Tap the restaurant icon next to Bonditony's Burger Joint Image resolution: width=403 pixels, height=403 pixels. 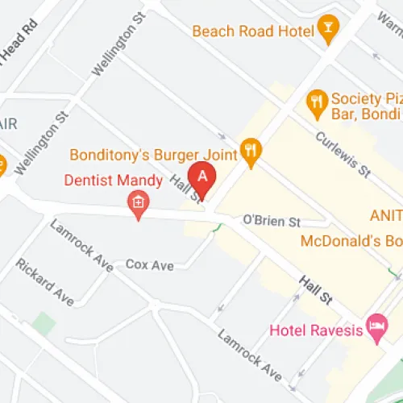(251, 152)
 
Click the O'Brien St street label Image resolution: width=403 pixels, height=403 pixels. (272, 221)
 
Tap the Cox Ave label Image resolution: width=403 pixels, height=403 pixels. (149, 265)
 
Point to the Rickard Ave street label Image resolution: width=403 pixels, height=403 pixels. (44, 281)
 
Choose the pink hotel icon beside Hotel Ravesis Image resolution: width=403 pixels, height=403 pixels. (376, 326)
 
